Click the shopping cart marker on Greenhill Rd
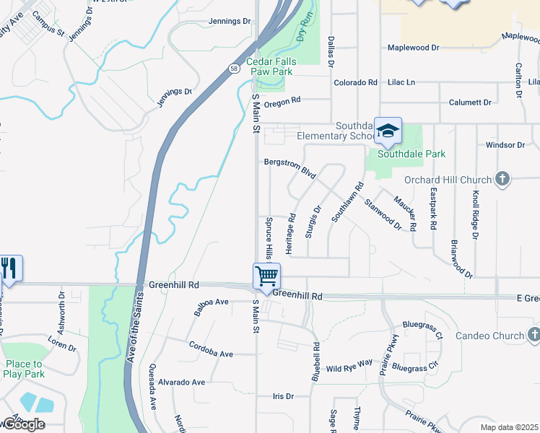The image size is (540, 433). [266, 276]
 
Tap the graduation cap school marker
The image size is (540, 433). [388, 131]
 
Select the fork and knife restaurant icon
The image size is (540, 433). [9, 268]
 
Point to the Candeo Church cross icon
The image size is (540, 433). [533, 335]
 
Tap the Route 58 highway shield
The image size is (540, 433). [235, 68]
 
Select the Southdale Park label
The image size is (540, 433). [412, 154]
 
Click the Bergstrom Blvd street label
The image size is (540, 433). [290, 168]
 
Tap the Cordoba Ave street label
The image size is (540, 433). [212, 350]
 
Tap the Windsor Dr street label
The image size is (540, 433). [505, 145]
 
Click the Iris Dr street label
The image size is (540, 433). [283, 396]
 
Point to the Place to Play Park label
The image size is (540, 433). [24, 369]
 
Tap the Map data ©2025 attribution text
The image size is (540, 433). [509, 427]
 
